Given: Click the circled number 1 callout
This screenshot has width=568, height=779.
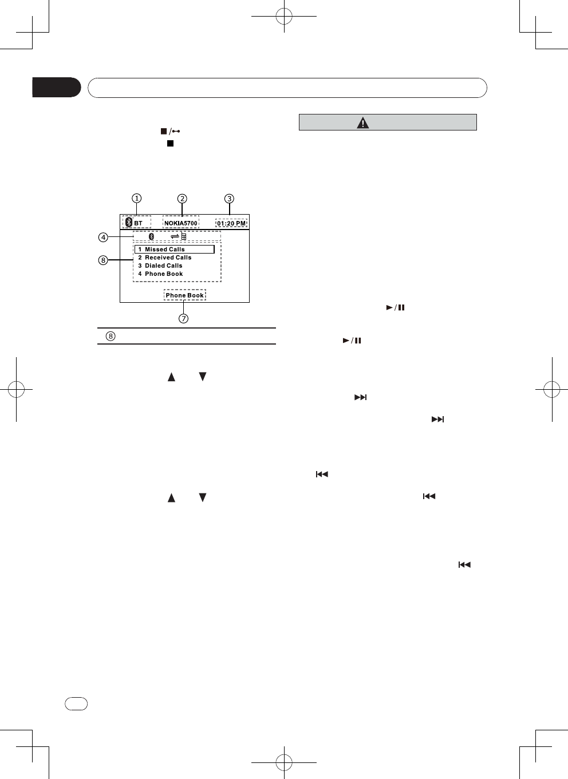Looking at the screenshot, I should [136, 199].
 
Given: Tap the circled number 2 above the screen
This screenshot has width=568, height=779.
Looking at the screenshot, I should [182, 199].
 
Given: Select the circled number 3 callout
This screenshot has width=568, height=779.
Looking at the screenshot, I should [229, 199].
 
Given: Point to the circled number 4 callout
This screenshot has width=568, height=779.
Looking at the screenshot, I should [103, 237].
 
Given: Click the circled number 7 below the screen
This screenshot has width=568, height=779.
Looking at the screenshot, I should [183, 318].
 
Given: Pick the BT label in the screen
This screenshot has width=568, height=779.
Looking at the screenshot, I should [138, 223].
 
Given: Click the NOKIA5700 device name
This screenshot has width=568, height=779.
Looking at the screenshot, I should [181, 223].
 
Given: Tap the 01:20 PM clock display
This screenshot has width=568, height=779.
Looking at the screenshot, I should [231, 223].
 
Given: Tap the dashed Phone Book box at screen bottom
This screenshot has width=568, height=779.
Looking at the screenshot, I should [184, 295].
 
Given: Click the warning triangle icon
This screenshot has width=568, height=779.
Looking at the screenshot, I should [363, 122].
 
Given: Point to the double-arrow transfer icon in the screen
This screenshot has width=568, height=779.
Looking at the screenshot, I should [175, 236].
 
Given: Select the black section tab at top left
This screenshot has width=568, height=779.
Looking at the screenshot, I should [56, 88].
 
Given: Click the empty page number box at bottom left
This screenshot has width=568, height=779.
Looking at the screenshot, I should [76, 703].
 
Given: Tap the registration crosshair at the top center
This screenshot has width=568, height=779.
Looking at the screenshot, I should [284, 17].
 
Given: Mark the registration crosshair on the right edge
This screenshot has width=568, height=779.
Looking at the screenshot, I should [551, 389].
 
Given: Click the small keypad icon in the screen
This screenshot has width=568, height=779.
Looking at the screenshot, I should [184, 236].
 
